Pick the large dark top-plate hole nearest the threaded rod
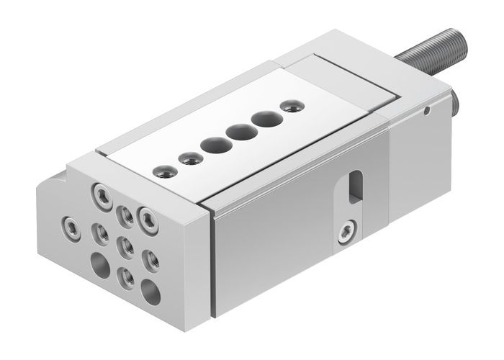coord(264,119)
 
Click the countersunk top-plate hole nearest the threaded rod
coord(291,107)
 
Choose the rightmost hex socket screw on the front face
coord(148,217)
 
